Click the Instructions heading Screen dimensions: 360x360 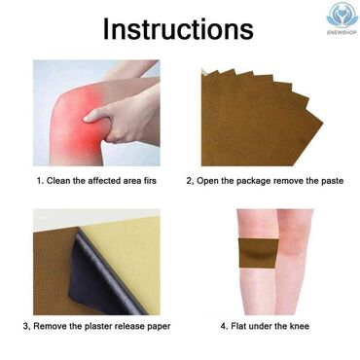coord(178,29)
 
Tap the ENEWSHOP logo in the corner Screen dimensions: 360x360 coord(342,18)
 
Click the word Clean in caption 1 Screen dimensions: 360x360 coord(58,181)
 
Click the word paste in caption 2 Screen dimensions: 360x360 coord(331,181)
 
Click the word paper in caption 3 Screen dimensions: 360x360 coord(158,327)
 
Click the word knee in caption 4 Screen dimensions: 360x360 coord(299,326)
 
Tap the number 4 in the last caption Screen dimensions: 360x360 coord(223,326)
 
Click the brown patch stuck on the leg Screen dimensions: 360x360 coord(259,253)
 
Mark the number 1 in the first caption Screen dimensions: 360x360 coord(40,181)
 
